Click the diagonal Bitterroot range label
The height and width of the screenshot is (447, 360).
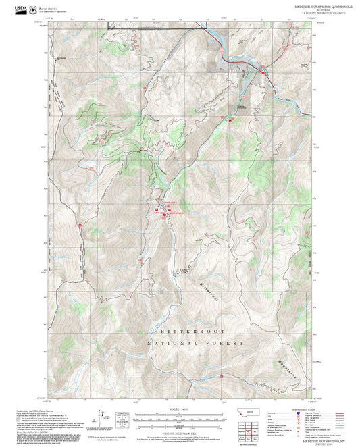[x=205, y=280]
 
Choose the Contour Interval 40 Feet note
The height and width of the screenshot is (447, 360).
[x=179, y=433]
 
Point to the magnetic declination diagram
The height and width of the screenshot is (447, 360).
[x=103, y=419]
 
